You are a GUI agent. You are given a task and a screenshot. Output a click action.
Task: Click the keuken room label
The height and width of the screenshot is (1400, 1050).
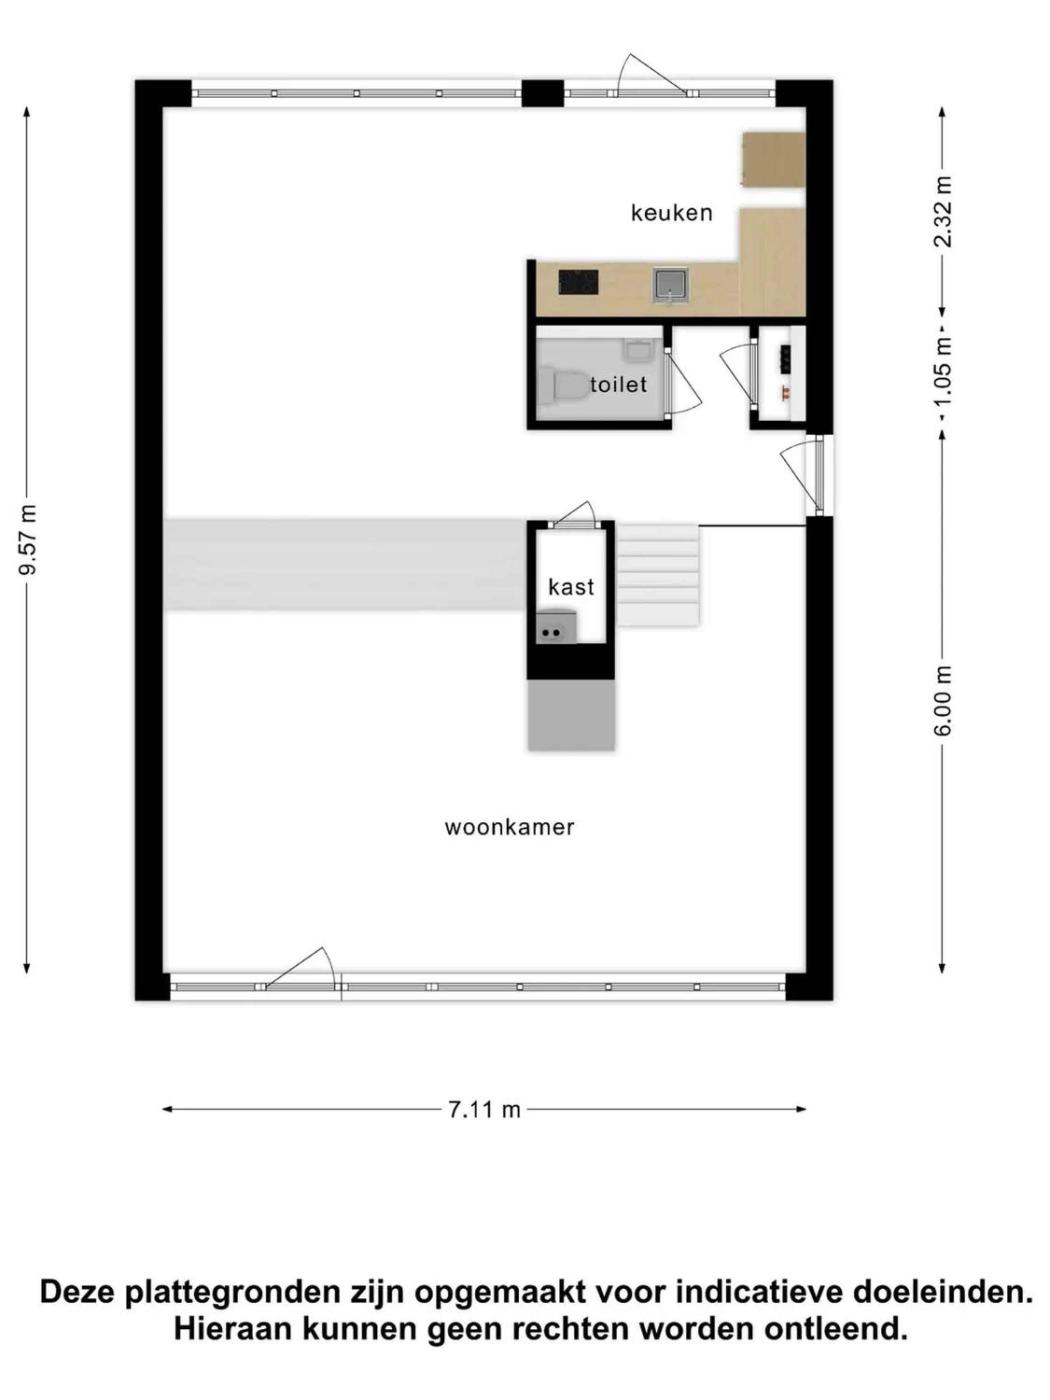pyautogui.click(x=671, y=212)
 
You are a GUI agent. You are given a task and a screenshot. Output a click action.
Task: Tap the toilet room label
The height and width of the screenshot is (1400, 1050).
pyautogui.click(x=618, y=384)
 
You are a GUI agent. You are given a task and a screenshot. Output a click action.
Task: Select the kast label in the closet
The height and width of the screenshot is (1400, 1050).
pyautogui.click(x=571, y=587)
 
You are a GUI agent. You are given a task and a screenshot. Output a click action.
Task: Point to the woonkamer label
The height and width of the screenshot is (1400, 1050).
pyautogui.click(x=509, y=827)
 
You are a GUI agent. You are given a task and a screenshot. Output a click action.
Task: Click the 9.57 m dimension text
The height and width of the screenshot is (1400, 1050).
pyautogui.click(x=27, y=540)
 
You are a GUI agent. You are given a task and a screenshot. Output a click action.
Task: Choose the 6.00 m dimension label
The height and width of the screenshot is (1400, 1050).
pyautogui.click(x=942, y=700)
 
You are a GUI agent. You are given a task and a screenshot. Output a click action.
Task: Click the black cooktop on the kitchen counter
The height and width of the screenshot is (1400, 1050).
pyautogui.click(x=578, y=282)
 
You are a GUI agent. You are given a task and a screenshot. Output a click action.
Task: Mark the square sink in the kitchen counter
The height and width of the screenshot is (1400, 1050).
pyautogui.click(x=670, y=284)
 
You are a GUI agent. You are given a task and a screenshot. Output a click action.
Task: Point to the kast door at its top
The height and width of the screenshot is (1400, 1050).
pyautogui.click(x=572, y=514)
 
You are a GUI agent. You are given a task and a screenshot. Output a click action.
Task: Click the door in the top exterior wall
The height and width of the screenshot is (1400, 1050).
pyautogui.click(x=650, y=75)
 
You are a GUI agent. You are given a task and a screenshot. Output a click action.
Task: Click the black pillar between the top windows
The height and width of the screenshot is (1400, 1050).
pyautogui.click(x=543, y=93)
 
